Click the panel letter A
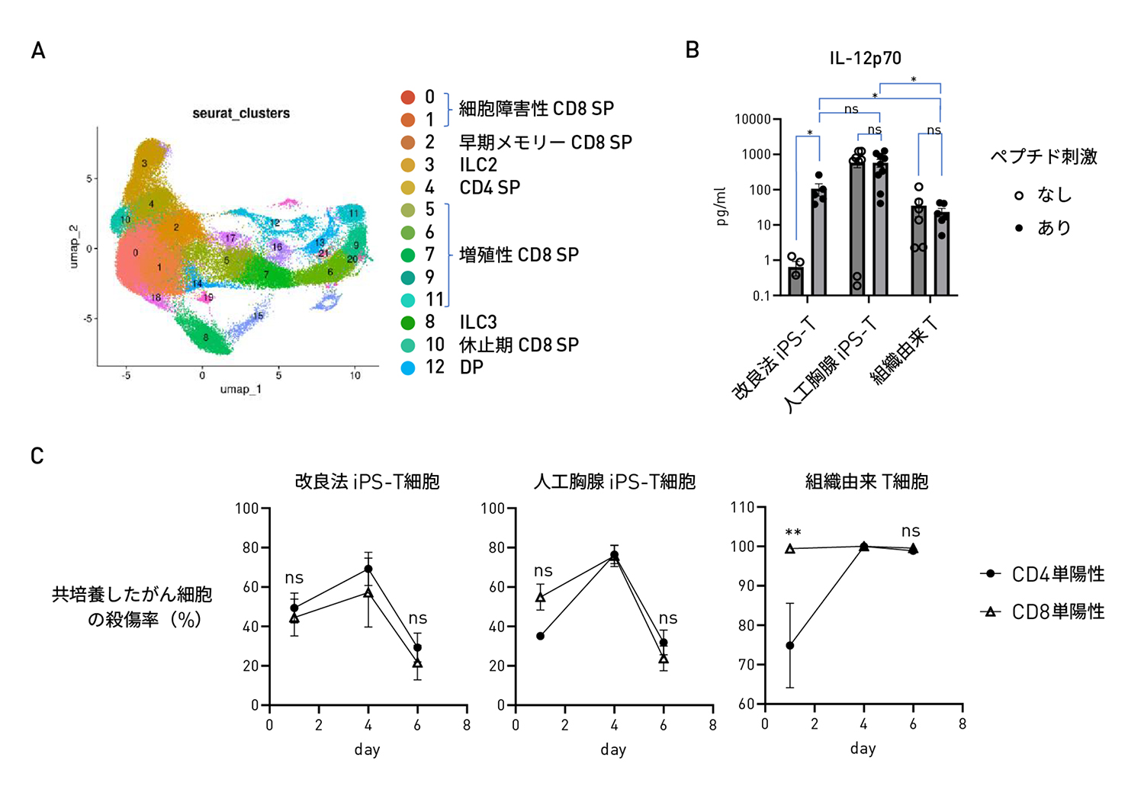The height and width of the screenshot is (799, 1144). (x=38, y=51)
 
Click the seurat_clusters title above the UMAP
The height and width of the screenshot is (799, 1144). (x=241, y=114)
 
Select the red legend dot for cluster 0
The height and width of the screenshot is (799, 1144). (x=408, y=98)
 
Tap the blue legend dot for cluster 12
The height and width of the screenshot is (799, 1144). (x=408, y=367)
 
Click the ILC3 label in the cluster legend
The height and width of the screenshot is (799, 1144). (x=478, y=322)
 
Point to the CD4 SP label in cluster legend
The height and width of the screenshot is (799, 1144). (x=490, y=188)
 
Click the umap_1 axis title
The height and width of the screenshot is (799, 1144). (x=241, y=390)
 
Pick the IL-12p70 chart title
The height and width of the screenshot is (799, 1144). (x=866, y=59)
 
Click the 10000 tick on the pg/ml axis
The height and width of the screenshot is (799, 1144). (x=752, y=120)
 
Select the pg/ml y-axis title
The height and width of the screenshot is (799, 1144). (x=721, y=207)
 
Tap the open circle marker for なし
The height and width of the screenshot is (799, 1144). (x=1019, y=196)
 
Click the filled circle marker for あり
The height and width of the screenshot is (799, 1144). (x=1019, y=228)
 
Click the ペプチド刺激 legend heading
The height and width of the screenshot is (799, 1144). (x=1043, y=157)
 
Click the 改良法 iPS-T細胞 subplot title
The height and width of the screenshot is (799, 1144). (x=367, y=482)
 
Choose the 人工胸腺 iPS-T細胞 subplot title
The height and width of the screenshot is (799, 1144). (x=614, y=482)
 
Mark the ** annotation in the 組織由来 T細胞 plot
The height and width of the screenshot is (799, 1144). (x=793, y=532)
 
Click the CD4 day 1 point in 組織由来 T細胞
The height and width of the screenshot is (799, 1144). (x=790, y=646)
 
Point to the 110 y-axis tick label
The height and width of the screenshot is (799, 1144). (x=742, y=508)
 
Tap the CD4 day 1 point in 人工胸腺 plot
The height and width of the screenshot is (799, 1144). (x=541, y=636)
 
